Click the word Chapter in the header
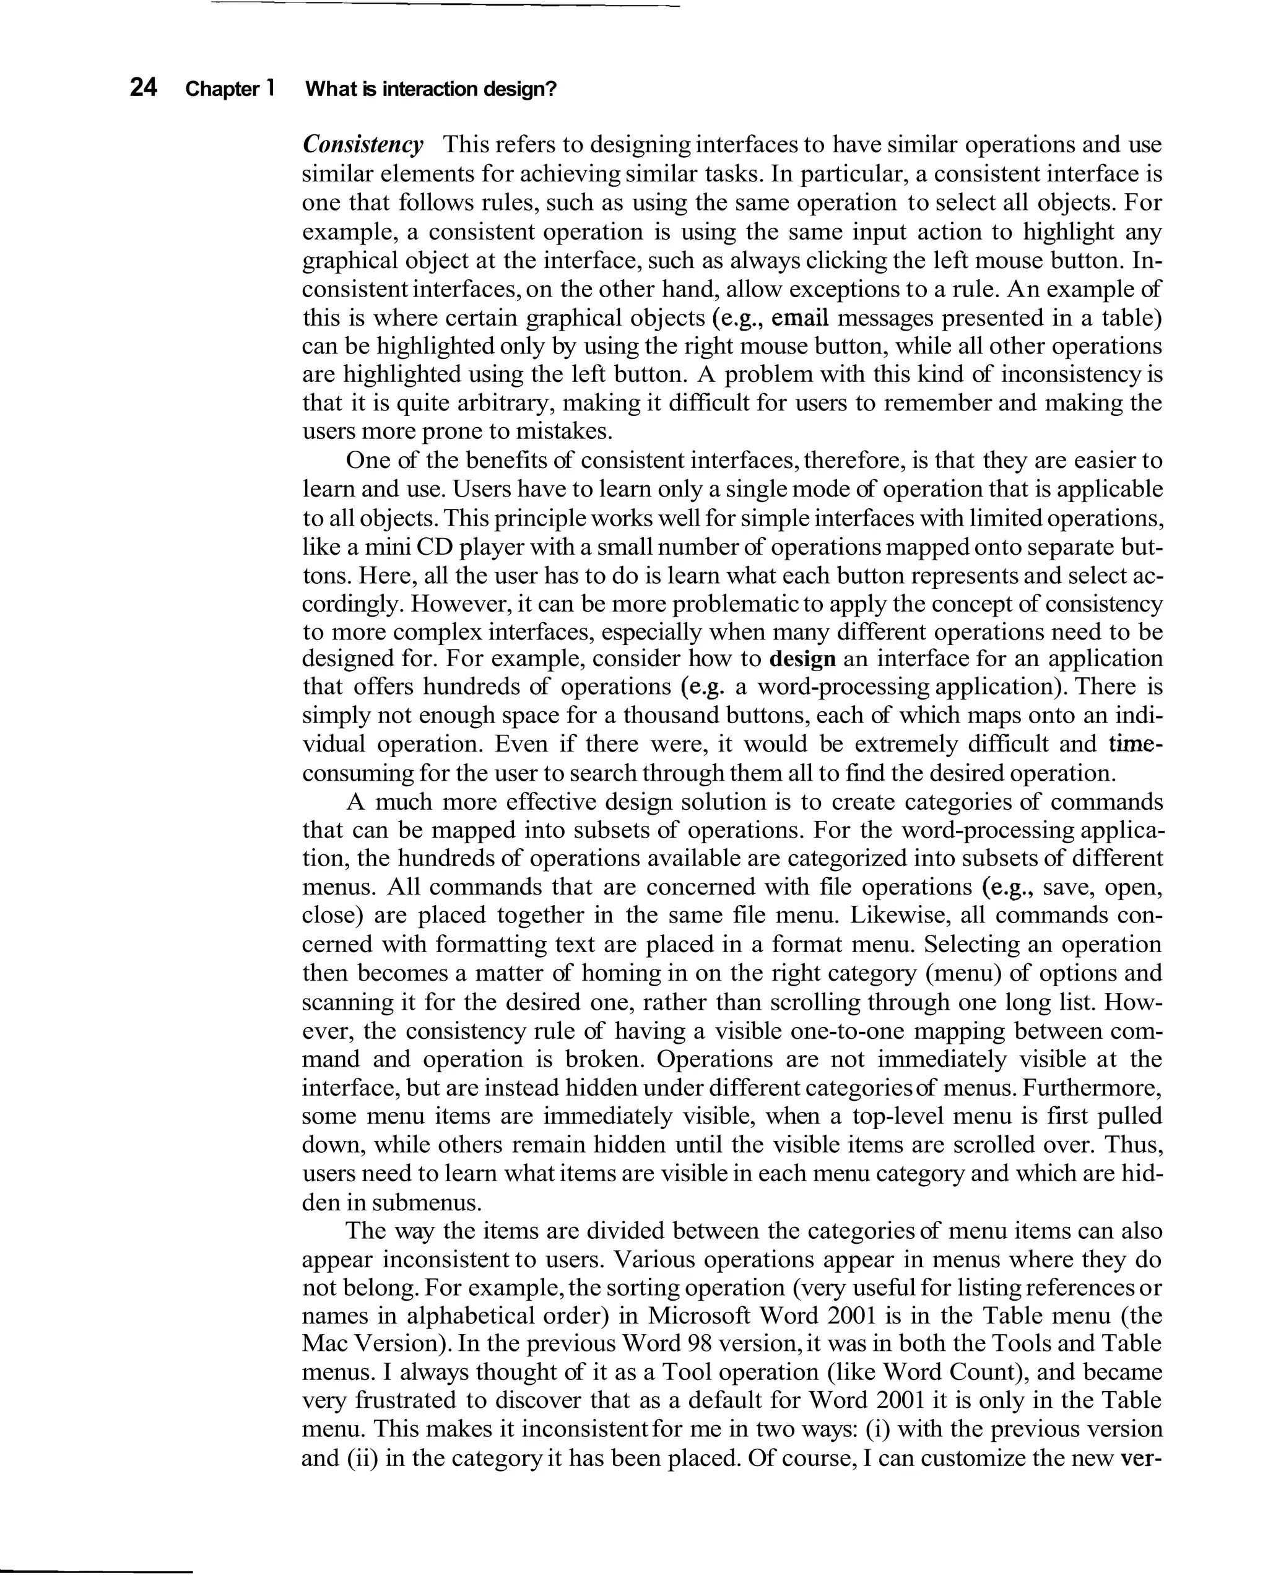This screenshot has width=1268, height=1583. tap(222, 90)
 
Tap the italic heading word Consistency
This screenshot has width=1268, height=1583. tap(363, 145)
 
